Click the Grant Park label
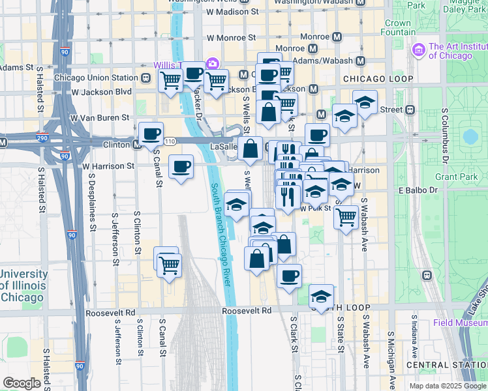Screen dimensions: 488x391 click(x=447, y=177)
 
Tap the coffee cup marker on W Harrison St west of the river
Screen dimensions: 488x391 click(x=181, y=166)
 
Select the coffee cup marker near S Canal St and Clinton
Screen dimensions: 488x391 click(x=151, y=134)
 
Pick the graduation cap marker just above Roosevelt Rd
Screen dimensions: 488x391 click(x=321, y=296)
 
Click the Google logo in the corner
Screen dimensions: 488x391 click(x=22, y=383)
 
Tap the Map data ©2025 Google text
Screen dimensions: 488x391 click(x=448, y=386)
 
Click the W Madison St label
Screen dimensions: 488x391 click(x=227, y=12)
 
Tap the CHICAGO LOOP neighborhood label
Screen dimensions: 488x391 click(x=378, y=79)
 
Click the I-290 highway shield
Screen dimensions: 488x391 click(x=6, y=141)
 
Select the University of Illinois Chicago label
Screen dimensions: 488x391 click(x=23, y=285)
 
